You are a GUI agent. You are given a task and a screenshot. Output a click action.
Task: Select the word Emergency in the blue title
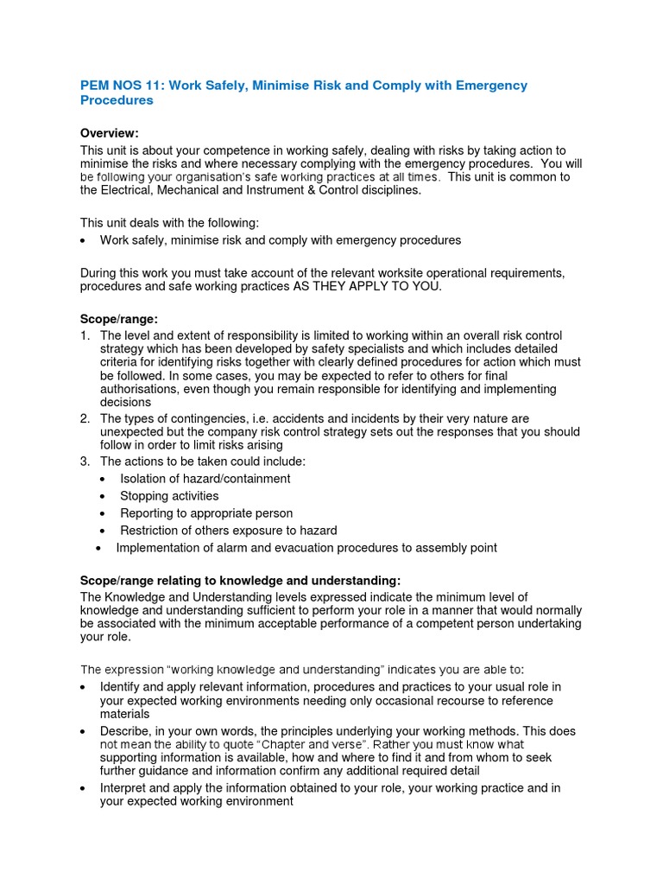[x=489, y=86]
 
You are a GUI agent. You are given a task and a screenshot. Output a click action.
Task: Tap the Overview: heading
[x=110, y=133]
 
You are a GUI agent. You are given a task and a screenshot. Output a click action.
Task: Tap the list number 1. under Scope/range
[x=85, y=335]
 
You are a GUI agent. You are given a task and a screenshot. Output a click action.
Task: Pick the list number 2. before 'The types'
[x=85, y=418]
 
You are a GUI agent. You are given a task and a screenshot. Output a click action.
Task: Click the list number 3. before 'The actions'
[x=85, y=462]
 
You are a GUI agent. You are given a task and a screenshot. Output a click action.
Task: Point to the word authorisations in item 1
[x=141, y=390]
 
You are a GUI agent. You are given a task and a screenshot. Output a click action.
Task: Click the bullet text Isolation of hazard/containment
[x=205, y=479]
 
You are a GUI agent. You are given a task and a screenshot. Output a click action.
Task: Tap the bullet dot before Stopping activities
[x=103, y=496]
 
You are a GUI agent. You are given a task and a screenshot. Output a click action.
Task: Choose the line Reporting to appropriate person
[x=206, y=513]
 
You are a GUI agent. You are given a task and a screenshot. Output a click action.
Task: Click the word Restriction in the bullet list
[x=152, y=531]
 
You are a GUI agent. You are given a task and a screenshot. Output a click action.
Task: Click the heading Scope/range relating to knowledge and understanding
[x=241, y=581]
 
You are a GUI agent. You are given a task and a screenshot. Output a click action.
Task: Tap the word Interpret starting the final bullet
[x=127, y=788]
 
